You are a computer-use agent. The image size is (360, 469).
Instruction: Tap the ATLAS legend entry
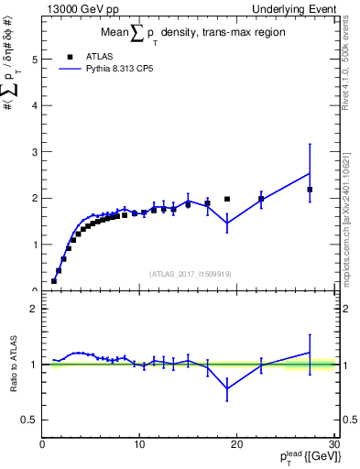95,55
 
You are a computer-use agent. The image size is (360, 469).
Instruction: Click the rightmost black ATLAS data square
310,190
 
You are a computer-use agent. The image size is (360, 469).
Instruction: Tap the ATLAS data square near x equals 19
227,199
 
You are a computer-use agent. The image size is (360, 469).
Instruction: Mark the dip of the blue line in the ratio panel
227,387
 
